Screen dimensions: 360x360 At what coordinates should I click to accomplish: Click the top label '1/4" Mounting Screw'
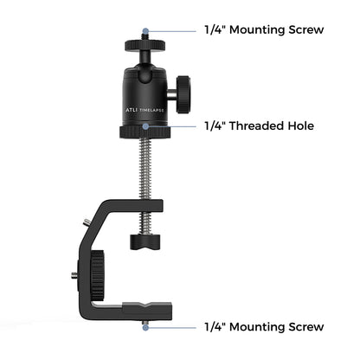tap(264, 29)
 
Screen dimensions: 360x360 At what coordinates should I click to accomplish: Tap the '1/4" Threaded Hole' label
tap(259, 126)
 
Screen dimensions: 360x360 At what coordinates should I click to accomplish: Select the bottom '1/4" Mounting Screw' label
tap(264, 327)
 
